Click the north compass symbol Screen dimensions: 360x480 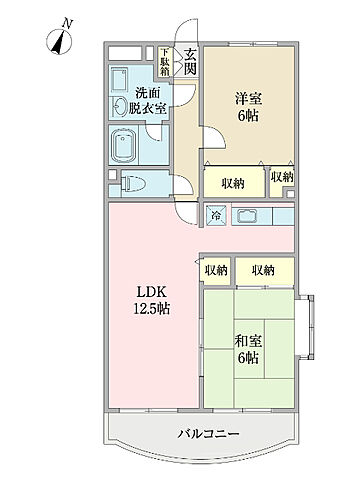pyautogui.click(x=59, y=42)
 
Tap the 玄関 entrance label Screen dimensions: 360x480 pyautogui.click(x=190, y=61)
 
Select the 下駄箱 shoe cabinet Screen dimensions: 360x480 pyautogui.click(x=164, y=62)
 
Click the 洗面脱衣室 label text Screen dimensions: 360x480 pyautogui.click(x=147, y=100)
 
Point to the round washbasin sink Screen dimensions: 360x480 pyautogui.click(x=119, y=107)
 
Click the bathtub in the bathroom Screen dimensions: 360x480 pyautogui.click(x=124, y=145)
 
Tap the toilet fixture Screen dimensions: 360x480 pyautogui.click(x=133, y=184)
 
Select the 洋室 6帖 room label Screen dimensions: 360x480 pyautogui.click(x=248, y=107)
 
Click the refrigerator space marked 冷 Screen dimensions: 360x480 pyautogui.click(x=216, y=215)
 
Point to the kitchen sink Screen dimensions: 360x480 pyautogui.click(x=245, y=216)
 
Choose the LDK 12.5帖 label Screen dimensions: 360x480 pyautogui.click(x=152, y=301)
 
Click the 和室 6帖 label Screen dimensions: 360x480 pyautogui.click(x=248, y=349)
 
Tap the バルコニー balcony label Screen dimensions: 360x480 pyautogui.click(x=208, y=434)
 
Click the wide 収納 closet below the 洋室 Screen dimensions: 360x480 pyautogui.click(x=234, y=182)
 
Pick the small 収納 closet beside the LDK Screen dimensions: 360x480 pyautogui.click(x=216, y=270)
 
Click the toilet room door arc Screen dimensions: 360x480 pyautogui.click(x=184, y=184)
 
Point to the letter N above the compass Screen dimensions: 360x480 pyautogui.click(x=68, y=24)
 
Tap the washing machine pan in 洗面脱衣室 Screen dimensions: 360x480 pyautogui.click(x=120, y=79)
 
